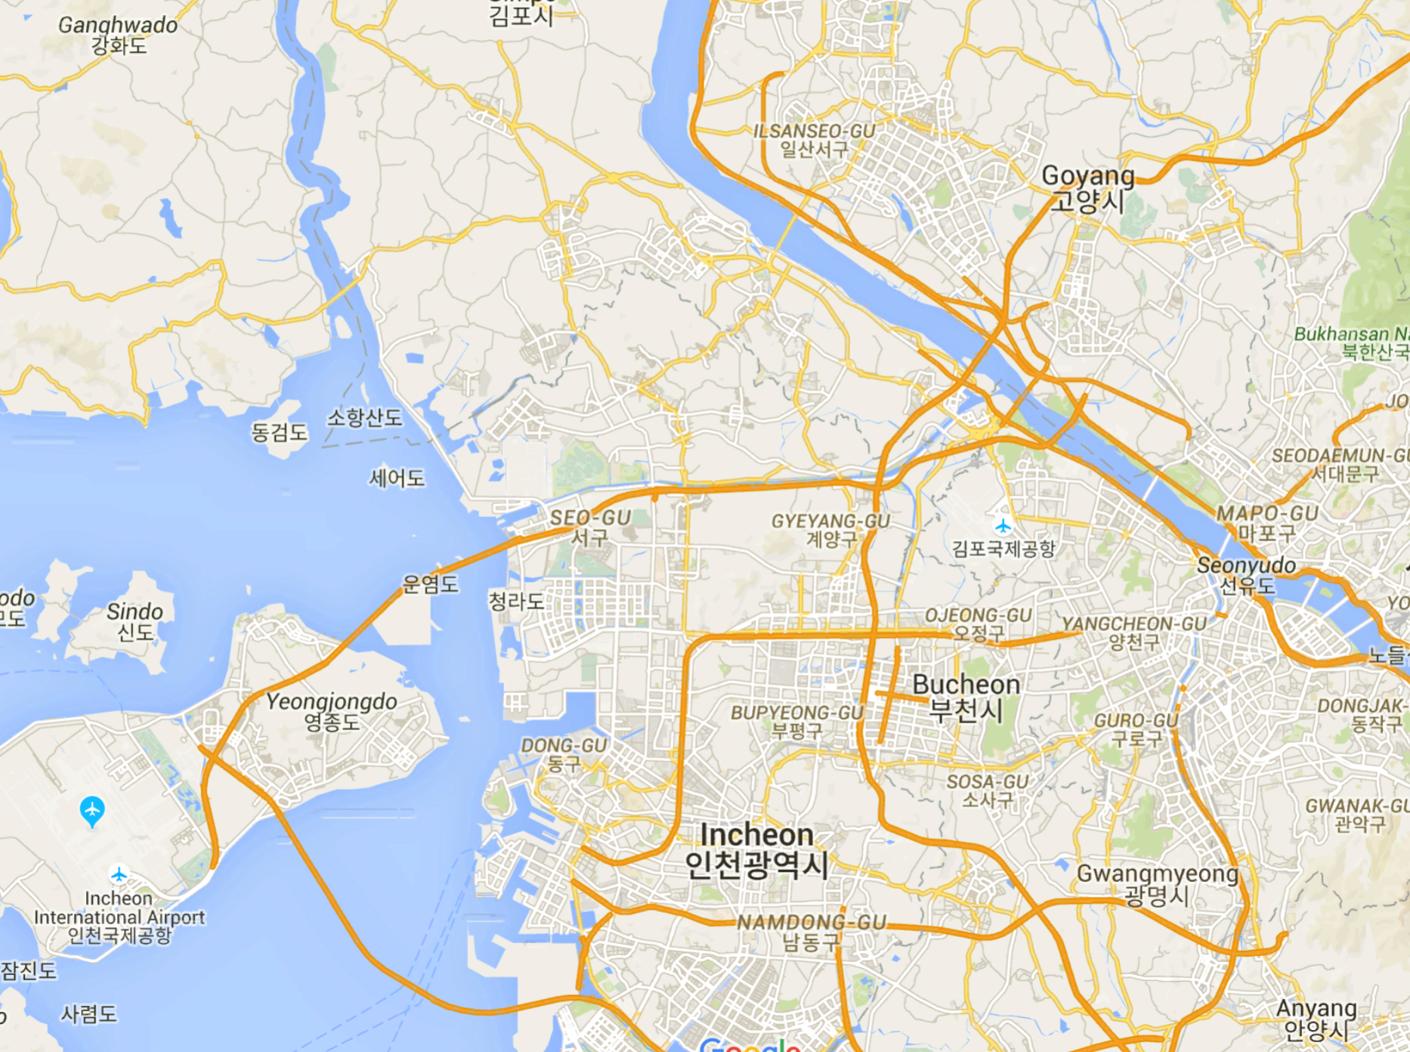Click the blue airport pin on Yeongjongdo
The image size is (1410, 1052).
coord(92,810)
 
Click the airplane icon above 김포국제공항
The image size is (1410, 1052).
coord(1003,525)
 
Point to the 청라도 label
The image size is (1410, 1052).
coord(516,602)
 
